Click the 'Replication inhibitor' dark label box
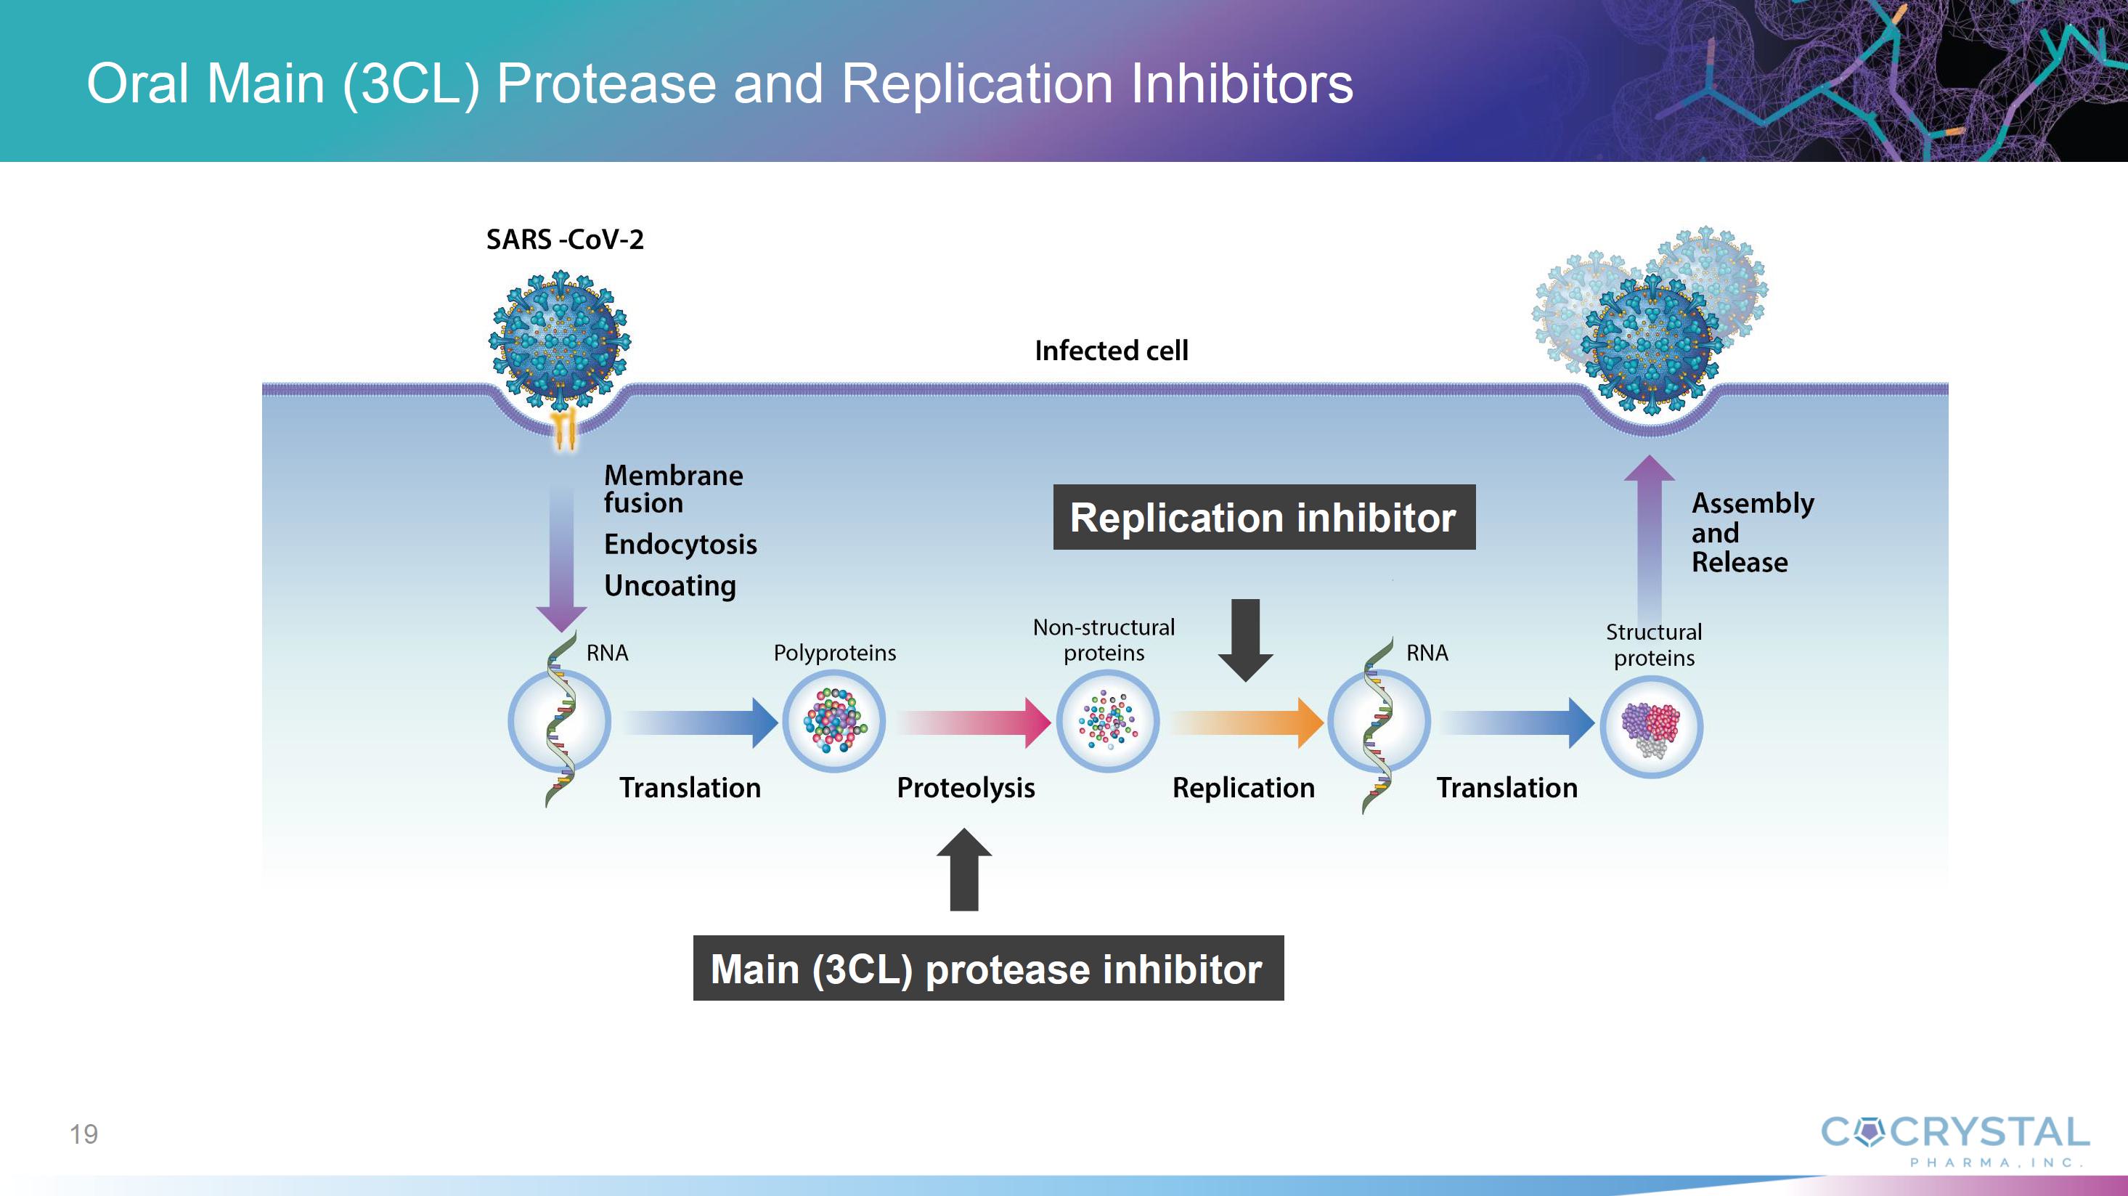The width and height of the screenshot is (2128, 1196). click(1264, 517)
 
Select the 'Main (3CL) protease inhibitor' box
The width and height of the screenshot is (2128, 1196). click(988, 968)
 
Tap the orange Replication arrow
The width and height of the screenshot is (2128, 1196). click(1247, 722)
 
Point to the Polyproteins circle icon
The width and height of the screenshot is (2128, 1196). click(834, 721)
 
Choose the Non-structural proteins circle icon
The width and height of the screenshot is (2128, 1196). click(1108, 721)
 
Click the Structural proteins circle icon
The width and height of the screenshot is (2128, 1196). click(1651, 727)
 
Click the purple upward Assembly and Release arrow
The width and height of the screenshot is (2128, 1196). click(1649, 537)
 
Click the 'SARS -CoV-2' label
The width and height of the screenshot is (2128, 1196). click(565, 240)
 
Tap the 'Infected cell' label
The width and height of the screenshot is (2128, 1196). click(1111, 351)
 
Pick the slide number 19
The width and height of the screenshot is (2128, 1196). click(83, 1134)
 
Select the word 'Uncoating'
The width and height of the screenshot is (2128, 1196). click(670, 585)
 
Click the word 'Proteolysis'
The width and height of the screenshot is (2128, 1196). click(966, 788)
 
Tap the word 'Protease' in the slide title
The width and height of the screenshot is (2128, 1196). click(606, 84)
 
